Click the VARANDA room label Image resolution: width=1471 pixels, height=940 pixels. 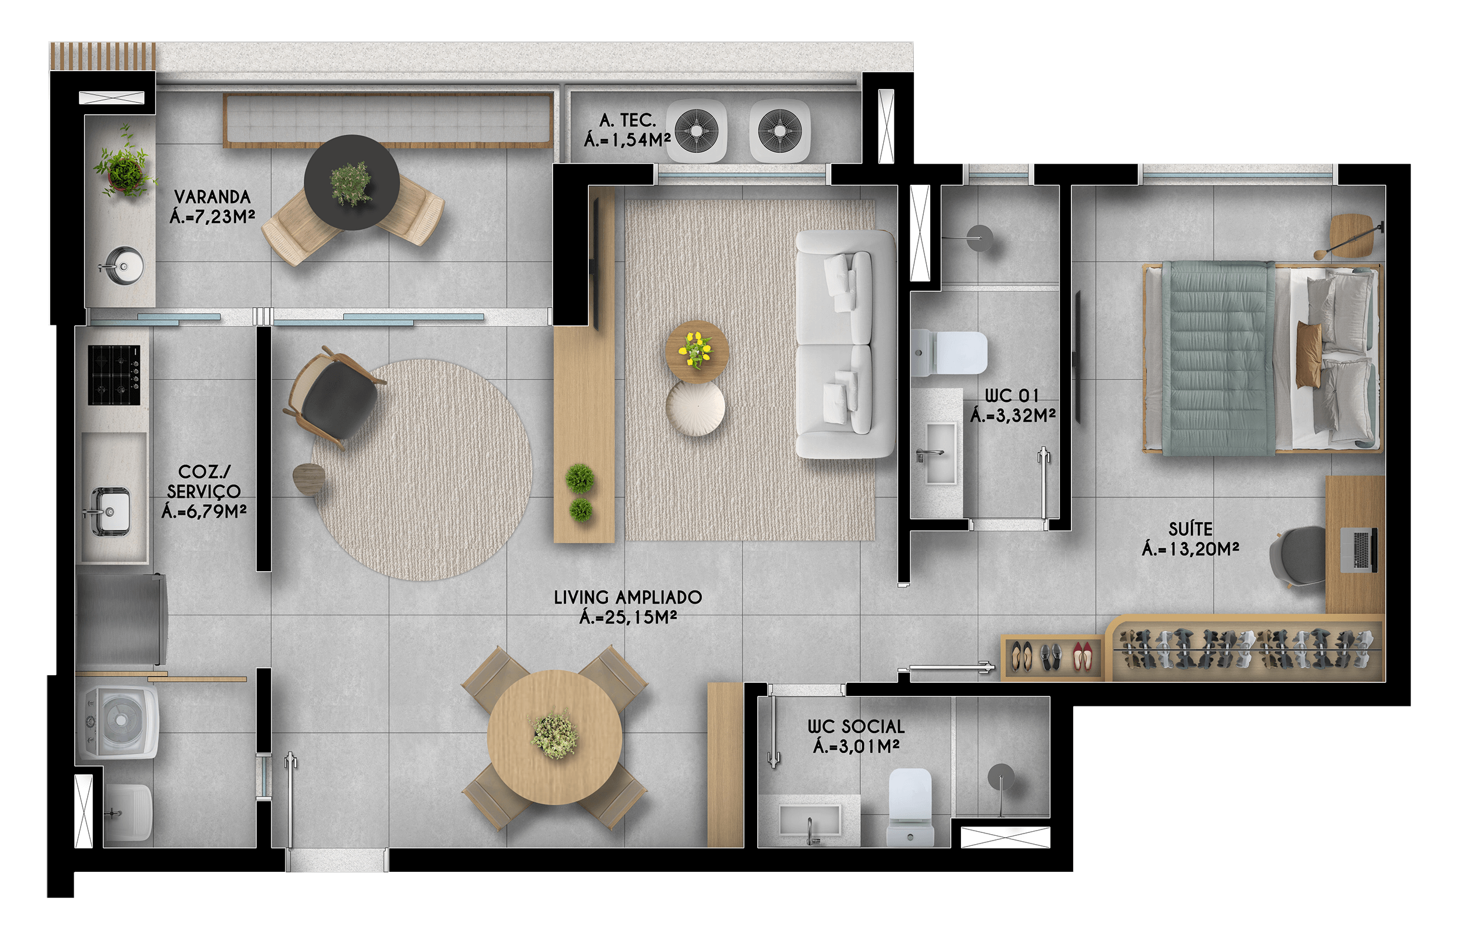click(212, 196)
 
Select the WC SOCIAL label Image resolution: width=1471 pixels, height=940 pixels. click(856, 726)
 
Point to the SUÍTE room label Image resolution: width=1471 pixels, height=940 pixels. click(1190, 528)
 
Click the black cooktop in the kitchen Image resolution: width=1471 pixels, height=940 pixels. click(114, 375)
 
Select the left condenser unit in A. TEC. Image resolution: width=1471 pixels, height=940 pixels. click(697, 131)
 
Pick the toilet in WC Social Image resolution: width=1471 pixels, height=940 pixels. click(910, 806)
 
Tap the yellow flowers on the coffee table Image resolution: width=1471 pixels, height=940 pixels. click(697, 349)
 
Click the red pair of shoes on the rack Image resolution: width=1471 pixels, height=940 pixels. click(1083, 657)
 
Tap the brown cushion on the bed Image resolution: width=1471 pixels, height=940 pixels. click(1309, 355)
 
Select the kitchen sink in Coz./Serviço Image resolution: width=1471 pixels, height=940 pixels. click(110, 512)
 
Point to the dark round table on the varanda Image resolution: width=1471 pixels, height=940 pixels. click(352, 182)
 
